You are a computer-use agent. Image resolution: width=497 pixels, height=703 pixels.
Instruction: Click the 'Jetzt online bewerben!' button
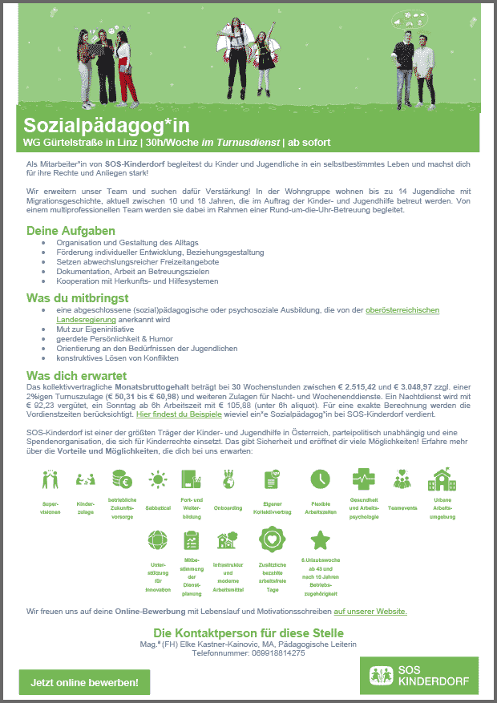(x=84, y=682)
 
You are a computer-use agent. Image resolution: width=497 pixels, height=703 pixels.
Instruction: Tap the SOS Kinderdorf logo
(x=418, y=676)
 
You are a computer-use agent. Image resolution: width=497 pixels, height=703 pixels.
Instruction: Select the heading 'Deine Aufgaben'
(x=71, y=231)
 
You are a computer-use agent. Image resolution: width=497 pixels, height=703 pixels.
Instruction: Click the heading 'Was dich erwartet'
(x=76, y=375)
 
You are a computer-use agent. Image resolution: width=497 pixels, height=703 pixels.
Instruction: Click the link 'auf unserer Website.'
(x=370, y=611)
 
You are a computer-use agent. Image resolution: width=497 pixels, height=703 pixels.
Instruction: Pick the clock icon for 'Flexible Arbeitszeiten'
(x=320, y=479)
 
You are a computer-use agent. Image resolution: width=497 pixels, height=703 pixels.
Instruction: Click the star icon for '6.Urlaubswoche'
(x=320, y=539)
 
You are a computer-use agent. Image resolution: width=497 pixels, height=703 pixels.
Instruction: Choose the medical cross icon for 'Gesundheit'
(x=363, y=478)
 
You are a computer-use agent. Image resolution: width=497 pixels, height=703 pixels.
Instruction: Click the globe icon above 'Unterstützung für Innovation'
(x=158, y=539)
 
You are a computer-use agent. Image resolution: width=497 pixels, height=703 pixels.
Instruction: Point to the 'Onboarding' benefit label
(x=228, y=507)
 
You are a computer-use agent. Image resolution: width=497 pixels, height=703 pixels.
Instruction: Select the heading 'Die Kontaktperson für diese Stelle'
(x=248, y=632)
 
